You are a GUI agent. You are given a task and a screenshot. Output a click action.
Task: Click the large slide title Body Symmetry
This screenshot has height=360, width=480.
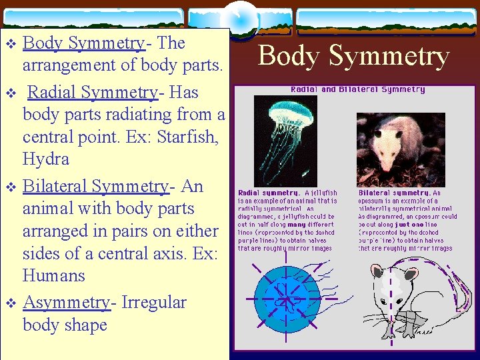(x=353, y=56)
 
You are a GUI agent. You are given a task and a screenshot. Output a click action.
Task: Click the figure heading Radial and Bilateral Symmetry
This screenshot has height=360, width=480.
(x=357, y=89)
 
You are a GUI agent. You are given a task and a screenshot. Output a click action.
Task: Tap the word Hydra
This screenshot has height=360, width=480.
(x=46, y=159)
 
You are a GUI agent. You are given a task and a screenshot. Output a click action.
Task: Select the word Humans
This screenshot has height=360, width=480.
(x=54, y=276)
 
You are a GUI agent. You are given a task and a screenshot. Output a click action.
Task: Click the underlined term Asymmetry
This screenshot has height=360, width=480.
(x=66, y=303)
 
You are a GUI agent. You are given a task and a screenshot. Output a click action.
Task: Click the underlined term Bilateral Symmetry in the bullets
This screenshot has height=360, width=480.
(x=96, y=186)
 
